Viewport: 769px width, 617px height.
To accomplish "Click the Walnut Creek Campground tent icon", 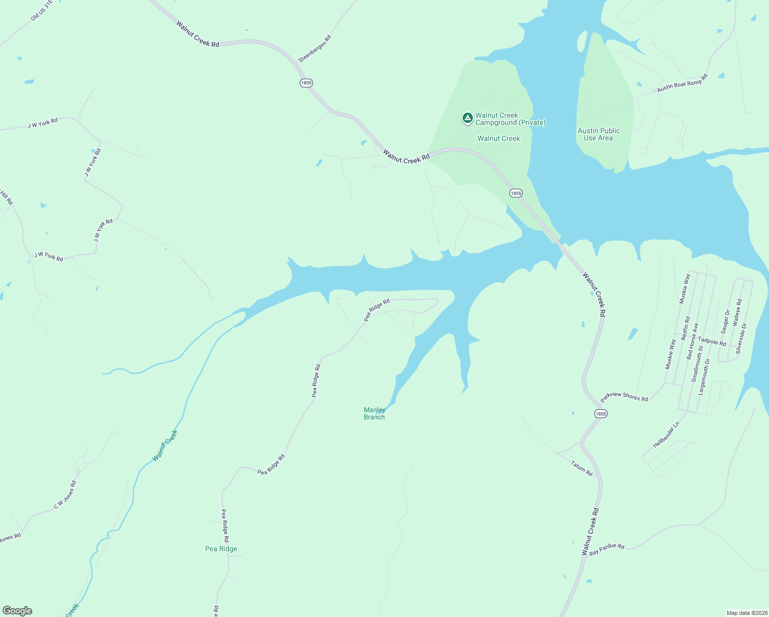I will pos(467,119).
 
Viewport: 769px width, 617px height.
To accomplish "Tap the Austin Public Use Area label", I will pos(598,134).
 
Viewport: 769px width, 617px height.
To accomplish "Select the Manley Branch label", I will pos(374,413).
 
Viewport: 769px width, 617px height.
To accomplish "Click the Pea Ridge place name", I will pos(221,549).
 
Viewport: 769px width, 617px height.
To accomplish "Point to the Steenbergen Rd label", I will pos(315,49).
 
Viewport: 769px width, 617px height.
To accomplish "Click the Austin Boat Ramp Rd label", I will pos(682,83).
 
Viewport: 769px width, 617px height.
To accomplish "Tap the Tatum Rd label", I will pos(581,468).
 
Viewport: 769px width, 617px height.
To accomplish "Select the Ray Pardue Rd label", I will pos(607,549).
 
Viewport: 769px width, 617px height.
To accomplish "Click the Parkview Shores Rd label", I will pos(624,396).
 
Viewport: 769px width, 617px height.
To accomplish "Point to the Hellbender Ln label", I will pos(666,435).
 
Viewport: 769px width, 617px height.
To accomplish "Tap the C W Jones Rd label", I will pos(65,495).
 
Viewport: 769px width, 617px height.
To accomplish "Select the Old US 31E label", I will pos(42,10).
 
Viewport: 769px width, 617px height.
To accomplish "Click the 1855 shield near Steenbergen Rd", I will pos(306,83).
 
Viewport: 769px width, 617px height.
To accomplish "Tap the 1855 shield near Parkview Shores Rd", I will pos(600,413).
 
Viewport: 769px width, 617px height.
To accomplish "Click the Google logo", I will pos(17,611).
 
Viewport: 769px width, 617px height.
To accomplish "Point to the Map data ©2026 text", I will pos(746,613).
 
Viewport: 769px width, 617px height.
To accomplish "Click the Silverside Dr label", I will pos(741,338).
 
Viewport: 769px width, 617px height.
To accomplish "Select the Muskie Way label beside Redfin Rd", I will pos(670,354).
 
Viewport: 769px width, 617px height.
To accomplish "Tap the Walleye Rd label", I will pos(737,312).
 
